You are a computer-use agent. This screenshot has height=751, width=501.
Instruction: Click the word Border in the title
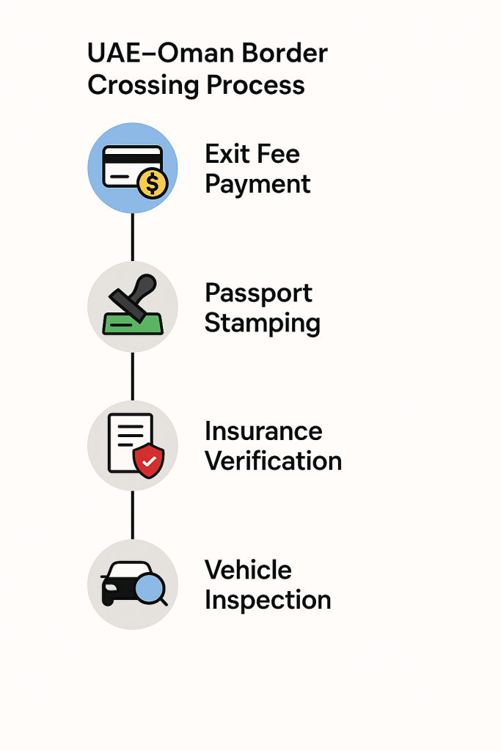point(287,54)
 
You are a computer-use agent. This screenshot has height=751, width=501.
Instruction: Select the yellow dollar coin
point(153,183)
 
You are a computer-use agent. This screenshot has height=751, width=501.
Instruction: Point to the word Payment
point(257,184)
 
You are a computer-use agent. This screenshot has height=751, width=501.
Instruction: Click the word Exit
point(225,154)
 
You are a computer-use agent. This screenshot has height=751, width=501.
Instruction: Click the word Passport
point(258,293)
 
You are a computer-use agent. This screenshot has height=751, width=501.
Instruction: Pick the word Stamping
point(262,323)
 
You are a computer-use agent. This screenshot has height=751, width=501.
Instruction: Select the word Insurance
point(263,431)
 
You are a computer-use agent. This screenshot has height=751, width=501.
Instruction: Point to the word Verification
point(273,461)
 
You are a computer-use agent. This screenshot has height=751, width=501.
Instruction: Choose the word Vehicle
point(248,570)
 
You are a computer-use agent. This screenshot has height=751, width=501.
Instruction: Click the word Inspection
point(268,600)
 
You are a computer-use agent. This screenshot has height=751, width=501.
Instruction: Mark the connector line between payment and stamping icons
point(133,237)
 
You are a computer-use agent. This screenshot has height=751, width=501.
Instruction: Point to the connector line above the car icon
point(133,515)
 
